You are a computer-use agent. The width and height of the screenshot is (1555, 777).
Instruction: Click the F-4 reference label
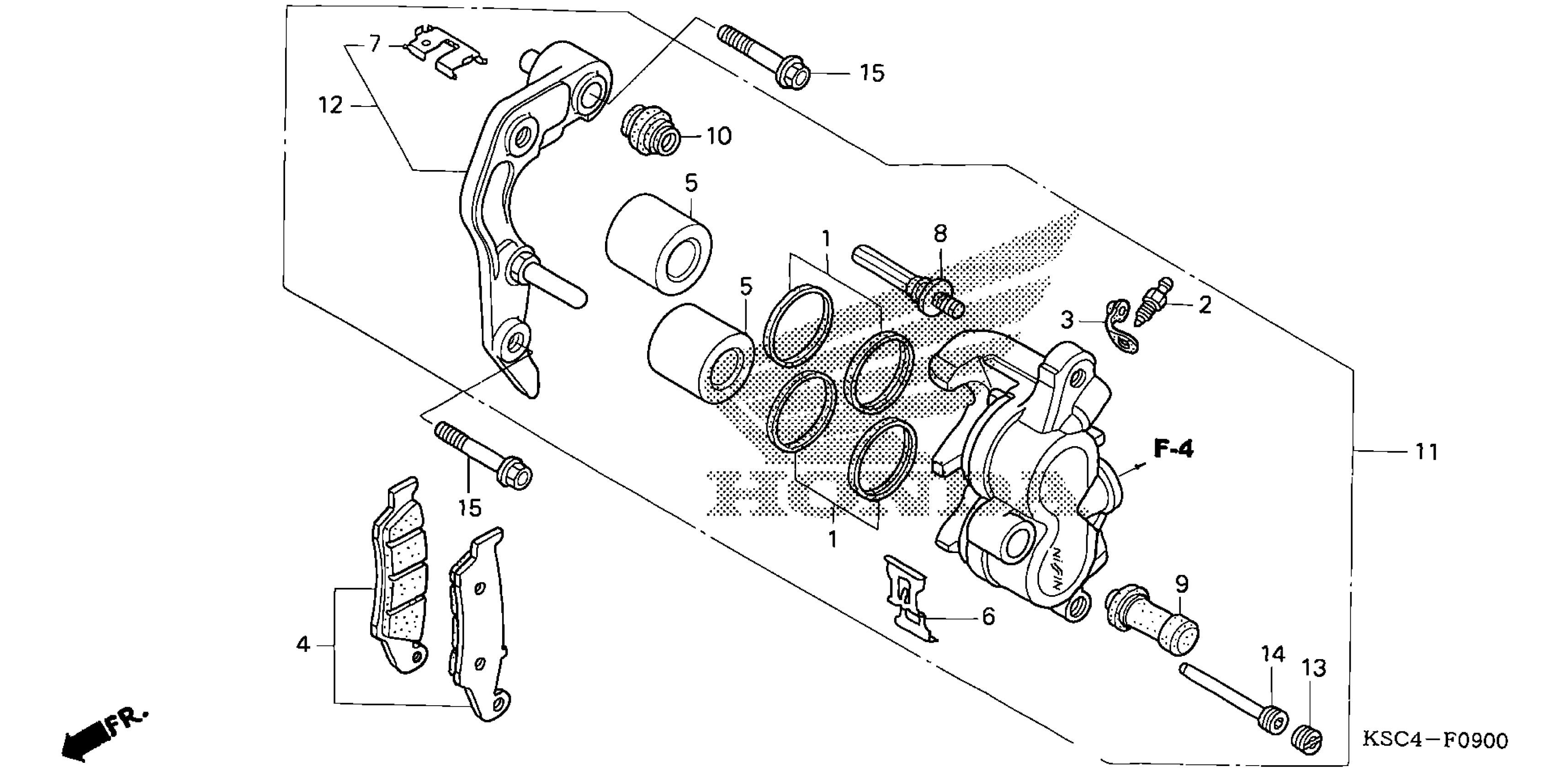[1173, 450]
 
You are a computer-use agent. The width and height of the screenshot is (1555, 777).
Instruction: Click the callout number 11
[1427, 452]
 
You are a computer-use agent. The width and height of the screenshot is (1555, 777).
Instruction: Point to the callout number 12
[331, 106]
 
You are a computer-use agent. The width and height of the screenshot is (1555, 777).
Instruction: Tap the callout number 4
[303, 645]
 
